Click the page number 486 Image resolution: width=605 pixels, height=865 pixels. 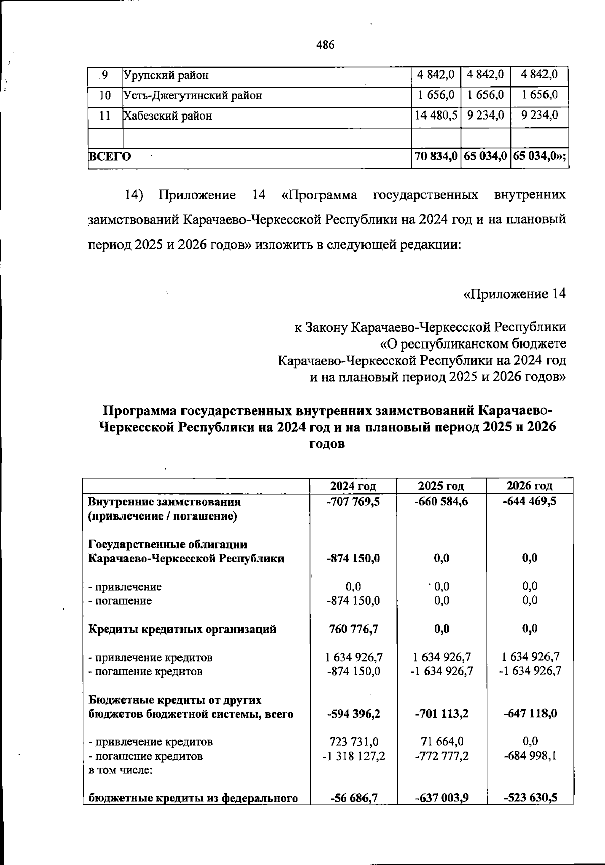click(325, 45)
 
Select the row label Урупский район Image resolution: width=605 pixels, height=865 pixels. click(166, 76)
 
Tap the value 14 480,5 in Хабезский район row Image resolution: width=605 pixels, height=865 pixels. click(436, 116)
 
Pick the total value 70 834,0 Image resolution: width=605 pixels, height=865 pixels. click(436, 157)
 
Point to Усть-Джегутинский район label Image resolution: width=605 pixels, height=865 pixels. click(193, 95)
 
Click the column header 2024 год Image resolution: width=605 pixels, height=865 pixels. click(353, 486)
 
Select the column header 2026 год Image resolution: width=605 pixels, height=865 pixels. click(529, 486)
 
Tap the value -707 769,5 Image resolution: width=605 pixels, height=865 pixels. click(353, 502)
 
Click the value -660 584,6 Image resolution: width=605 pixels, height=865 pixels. click(441, 502)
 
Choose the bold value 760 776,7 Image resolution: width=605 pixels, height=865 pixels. click(353, 629)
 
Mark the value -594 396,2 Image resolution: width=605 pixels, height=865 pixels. click(353, 714)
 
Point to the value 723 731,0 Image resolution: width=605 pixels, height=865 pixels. click(353, 742)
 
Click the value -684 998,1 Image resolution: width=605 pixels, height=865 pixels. click(529, 756)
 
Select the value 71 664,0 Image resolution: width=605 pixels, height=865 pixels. click(441, 742)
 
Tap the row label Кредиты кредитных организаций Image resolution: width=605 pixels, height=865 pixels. click(183, 629)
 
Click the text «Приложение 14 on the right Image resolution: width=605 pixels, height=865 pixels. click(514, 294)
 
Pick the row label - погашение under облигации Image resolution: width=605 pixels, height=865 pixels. click(120, 601)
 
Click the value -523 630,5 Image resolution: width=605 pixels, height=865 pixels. click(529, 798)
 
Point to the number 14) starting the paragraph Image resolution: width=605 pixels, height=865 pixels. click(134, 195)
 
